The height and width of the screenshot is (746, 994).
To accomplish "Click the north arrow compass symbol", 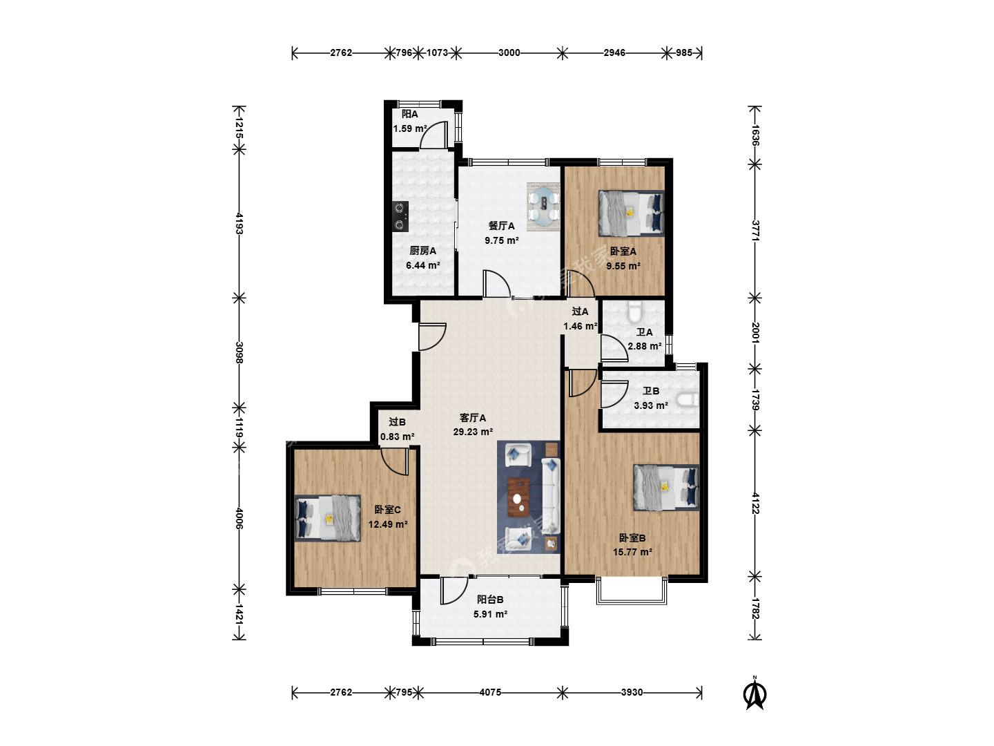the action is point(755,694).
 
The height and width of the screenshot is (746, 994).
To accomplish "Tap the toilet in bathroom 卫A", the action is point(635,312).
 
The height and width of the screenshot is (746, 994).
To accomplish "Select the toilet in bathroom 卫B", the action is point(688,400).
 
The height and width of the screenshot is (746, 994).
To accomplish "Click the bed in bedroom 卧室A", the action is point(632,213).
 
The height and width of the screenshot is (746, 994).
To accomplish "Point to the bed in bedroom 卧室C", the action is point(328,518).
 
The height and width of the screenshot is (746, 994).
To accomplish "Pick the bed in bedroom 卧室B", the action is point(666,488).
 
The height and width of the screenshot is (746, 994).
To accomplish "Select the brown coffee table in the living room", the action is point(519,497).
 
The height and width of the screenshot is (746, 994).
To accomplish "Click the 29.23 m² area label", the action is point(473,432).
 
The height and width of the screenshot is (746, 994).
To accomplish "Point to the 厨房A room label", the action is point(423,251).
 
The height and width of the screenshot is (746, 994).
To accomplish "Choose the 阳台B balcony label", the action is point(490,600).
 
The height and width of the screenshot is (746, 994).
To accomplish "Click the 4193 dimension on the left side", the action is point(239,224).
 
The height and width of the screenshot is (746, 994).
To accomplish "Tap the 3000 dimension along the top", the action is point(509,53).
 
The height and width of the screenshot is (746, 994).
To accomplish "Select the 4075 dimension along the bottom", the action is point(490,692).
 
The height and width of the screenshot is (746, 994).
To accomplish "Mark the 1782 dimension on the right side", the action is point(755,609).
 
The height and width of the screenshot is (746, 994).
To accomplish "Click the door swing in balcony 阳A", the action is point(433,135).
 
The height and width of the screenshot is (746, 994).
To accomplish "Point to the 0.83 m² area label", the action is point(397,437).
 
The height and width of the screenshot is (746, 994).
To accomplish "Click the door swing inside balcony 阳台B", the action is point(454,590).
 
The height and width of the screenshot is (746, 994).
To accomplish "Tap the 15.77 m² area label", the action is point(632,552).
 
